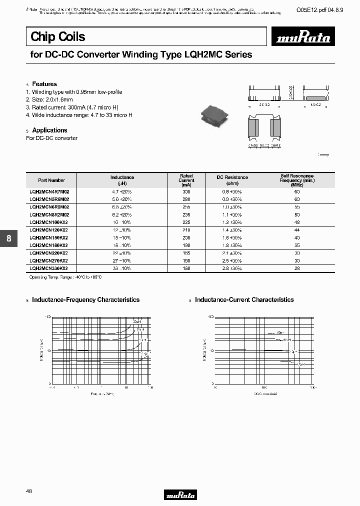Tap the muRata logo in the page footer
(180, 495)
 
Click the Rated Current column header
(186, 180)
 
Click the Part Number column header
(51, 180)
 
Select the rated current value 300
(186, 191)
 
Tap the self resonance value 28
(297, 268)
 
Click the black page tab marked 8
(8, 238)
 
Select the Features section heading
(44, 84)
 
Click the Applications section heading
(49, 130)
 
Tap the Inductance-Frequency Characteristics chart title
(85, 299)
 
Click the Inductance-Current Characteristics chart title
(244, 299)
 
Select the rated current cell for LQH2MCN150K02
(186, 237)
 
